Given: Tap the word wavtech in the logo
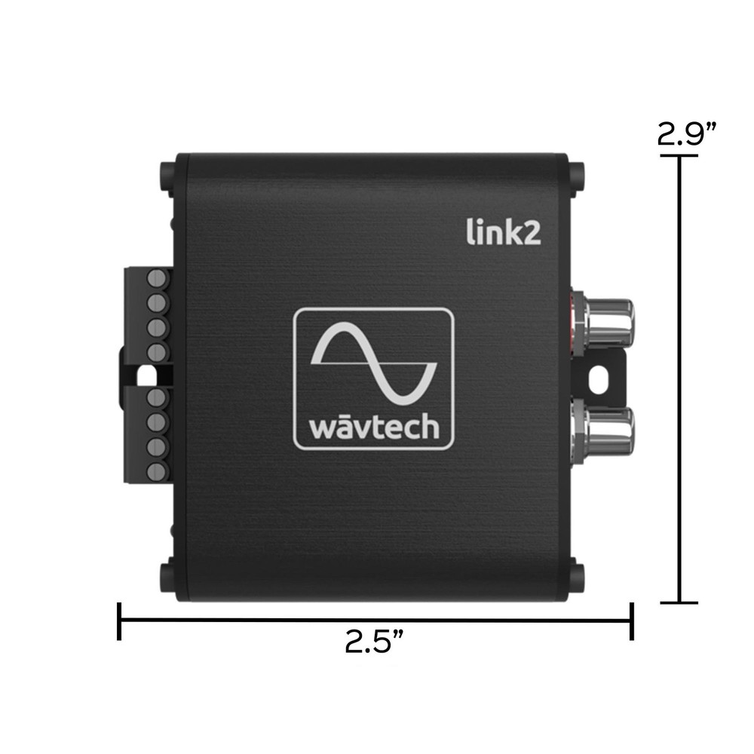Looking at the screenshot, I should (x=373, y=426).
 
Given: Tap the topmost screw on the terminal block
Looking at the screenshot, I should (x=156, y=277).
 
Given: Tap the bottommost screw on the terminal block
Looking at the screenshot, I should (x=156, y=471).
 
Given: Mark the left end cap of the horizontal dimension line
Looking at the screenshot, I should (x=119, y=621).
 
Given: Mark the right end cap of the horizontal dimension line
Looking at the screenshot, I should (x=631, y=621).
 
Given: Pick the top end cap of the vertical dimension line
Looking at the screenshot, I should (x=679, y=156).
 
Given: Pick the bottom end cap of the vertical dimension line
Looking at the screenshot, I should (x=679, y=602).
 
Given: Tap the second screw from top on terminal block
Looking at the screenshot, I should (x=156, y=302).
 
